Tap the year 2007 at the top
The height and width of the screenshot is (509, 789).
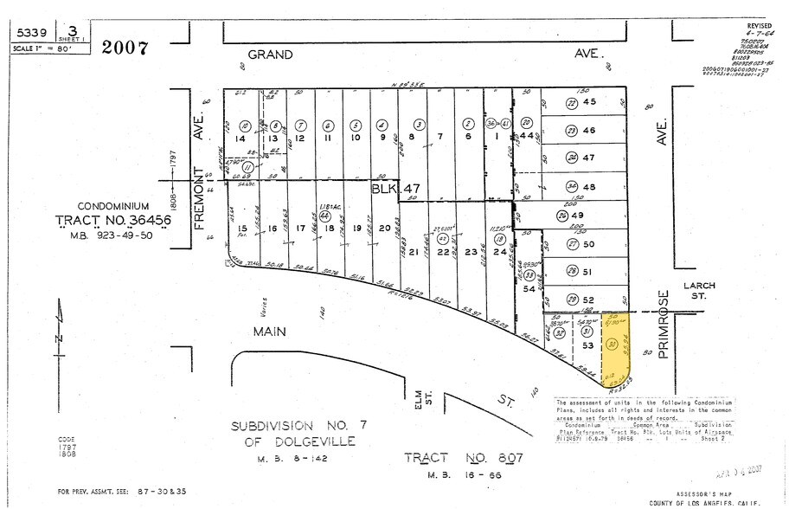125,47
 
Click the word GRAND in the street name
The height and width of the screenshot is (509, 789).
270,55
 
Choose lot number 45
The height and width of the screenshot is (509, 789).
589,101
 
